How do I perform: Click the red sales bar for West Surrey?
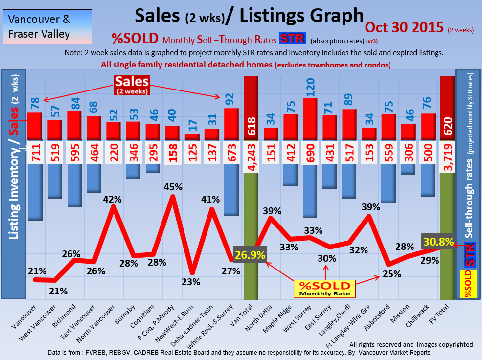pyautogui.click(x=310, y=119)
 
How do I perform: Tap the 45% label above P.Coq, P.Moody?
pyautogui.click(x=173, y=187)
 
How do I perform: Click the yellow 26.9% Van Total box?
pyautogui.click(x=251, y=255)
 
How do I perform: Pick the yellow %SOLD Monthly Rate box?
pyautogui.click(x=325, y=289)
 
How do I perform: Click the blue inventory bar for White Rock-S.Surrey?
pyautogui.click(x=231, y=190)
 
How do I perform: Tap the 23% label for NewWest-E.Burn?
pyautogui.click(x=191, y=282)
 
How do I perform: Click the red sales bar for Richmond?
pyautogui.click(x=74, y=126)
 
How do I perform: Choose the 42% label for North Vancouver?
pyautogui.click(x=114, y=199)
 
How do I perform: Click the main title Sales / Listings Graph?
pyautogui.click(x=249, y=16)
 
